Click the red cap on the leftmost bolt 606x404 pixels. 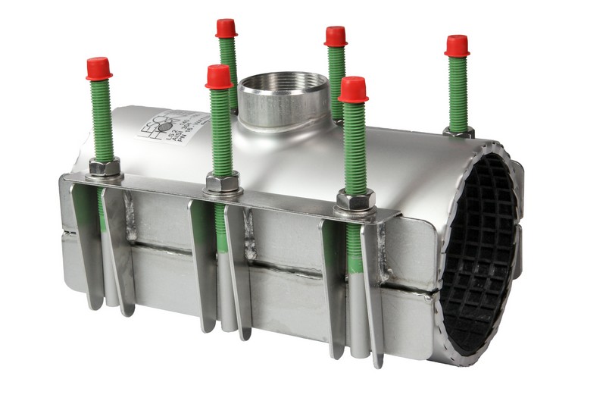(x=99, y=68)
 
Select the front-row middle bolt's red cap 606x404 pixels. (x=218, y=77)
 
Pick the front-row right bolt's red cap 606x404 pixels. (x=353, y=89)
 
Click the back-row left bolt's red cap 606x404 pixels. (x=226, y=28)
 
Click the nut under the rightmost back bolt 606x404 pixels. (x=459, y=131)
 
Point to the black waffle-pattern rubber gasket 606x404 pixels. (x=485, y=250)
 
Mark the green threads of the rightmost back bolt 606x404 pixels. (x=458, y=91)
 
